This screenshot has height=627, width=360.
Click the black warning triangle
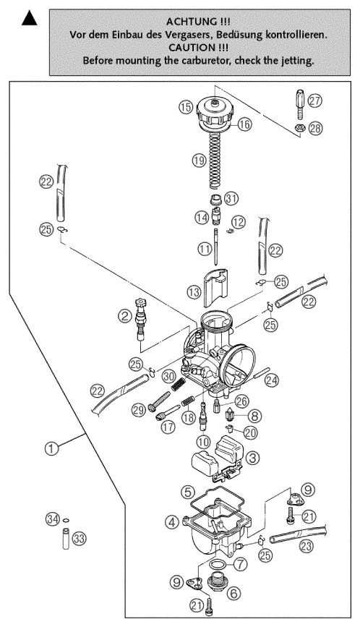pyautogui.click(x=29, y=19)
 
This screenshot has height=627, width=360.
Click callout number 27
pyautogui.click(x=315, y=100)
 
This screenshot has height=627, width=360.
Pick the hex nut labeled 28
pyautogui.click(x=299, y=128)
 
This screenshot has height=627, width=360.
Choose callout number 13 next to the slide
pyautogui.click(x=194, y=292)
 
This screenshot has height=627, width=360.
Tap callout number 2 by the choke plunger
pyautogui.click(x=125, y=317)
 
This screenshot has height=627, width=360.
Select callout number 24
pyautogui.click(x=272, y=380)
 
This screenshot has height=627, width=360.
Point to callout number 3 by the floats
pyautogui.click(x=252, y=458)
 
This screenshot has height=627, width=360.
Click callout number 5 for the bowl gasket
pyautogui.click(x=187, y=492)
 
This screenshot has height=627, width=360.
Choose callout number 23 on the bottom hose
pyautogui.click(x=306, y=546)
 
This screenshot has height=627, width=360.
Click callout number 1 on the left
pyautogui.click(x=51, y=448)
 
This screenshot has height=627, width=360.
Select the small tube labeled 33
pyautogui.click(x=67, y=539)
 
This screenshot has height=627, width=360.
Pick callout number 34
pyautogui.click(x=51, y=519)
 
